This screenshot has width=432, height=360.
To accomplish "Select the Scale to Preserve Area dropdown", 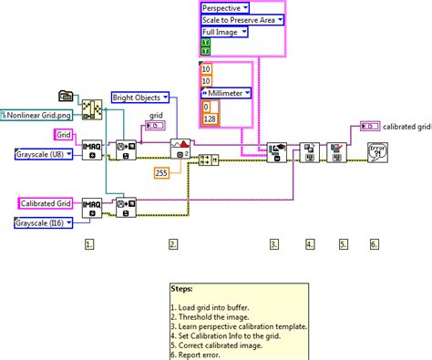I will [242, 19].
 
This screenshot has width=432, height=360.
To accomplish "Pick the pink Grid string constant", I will [65, 135].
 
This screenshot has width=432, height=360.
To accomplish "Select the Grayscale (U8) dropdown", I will [46, 153].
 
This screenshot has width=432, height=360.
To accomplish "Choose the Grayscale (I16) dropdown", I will [46, 222].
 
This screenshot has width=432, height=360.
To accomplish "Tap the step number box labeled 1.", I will [89, 244].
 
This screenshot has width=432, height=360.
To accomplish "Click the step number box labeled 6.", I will [374, 244].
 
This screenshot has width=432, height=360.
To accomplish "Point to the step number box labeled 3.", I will [274, 244].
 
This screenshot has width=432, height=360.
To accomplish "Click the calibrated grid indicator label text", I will [406, 127].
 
